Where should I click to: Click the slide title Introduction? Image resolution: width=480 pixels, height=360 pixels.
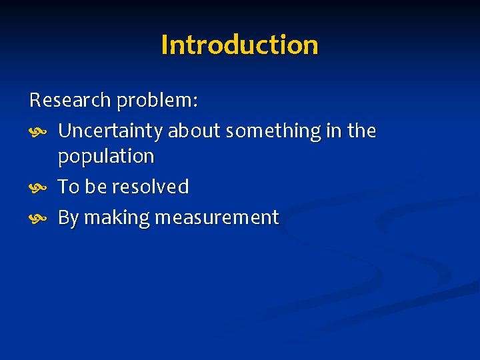tap(239, 45)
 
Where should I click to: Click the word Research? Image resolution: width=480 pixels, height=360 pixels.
tap(70, 101)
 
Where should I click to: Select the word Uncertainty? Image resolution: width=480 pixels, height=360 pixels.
tap(110, 132)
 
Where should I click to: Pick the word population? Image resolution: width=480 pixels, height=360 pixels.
tap(106, 157)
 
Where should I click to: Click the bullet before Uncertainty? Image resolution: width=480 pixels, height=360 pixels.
tap(37, 132)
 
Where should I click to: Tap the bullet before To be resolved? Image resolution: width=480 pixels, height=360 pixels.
tap(37, 187)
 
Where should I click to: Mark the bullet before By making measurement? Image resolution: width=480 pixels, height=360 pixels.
tap(37, 218)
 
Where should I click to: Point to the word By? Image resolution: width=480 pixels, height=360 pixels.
tap(68, 218)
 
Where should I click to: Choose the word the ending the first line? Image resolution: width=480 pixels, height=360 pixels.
tap(361, 131)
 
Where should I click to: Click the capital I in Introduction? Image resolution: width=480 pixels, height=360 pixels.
tap(165, 45)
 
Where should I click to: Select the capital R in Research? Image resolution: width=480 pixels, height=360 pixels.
tap(35, 101)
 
